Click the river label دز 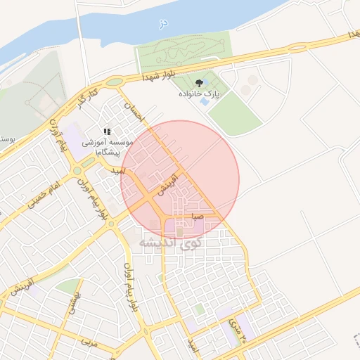pyautogui.click(x=164, y=24)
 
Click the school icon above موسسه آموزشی pyautogui.click(x=107, y=131)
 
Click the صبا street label pyautogui.click(x=198, y=217)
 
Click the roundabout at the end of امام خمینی pyautogui.click(x=77, y=170)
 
